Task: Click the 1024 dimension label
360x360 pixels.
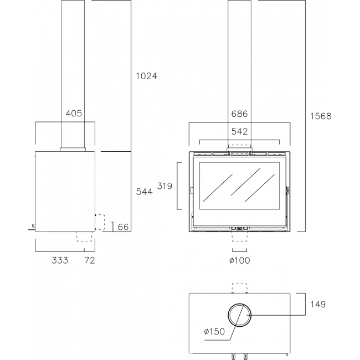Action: pyautogui.click(x=146, y=76)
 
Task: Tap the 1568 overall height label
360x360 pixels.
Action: pyautogui.click(x=321, y=116)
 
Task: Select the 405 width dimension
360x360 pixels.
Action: pyautogui.click(x=74, y=113)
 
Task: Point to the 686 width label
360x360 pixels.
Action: pyautogui.click(x=239, y=114)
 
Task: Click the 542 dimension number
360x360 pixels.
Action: pyautogui.click(x=239, y=131)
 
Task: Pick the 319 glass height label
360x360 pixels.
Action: pyautogui.click(x=164, y=186)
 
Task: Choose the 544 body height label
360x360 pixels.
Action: pyautogui.click(x=144, y=192)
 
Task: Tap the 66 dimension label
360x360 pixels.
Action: pyautogui.click(x=123, y=227)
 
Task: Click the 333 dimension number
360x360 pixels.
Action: pyautogui.click(x=60, y=260)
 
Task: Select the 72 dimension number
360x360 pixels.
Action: pyautogui.click(x=90, y=260)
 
